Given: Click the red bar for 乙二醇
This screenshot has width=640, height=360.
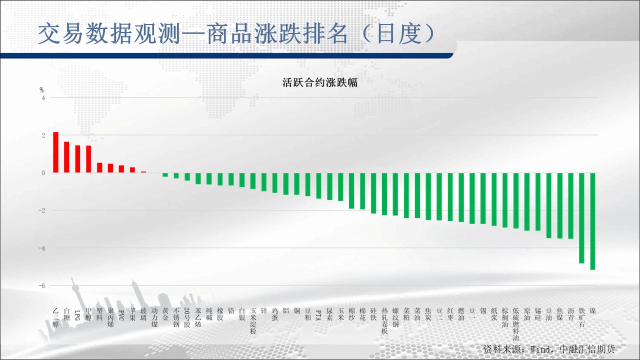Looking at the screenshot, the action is pos(55,152).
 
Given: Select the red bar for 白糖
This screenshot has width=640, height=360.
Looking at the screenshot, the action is pos(66,157).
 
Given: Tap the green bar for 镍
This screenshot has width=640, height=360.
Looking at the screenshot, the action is pos(592,221).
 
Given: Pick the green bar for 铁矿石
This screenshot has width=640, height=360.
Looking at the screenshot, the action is pos(581,218).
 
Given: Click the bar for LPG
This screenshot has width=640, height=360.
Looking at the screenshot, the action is pos(77,159).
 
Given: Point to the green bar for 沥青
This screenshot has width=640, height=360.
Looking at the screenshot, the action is pos(570,205).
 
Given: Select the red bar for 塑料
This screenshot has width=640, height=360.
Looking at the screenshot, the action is pos(99,167).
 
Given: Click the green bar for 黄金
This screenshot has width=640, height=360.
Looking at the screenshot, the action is pos(165,175).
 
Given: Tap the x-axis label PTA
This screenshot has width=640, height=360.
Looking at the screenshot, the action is pos(318,315).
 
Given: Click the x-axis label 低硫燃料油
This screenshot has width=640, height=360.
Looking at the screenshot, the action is pos(515,324).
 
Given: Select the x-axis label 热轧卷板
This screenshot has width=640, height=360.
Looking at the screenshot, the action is pos(384,321).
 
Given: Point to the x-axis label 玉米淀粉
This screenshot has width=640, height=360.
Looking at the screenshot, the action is pos(253,321).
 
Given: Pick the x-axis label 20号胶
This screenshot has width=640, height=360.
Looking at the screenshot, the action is pos(187,317).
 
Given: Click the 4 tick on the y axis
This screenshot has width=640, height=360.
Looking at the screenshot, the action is pos(43,98).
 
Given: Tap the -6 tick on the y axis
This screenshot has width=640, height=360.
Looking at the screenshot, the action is pos(42,285).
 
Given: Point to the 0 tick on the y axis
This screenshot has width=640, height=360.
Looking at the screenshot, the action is pos(43,173).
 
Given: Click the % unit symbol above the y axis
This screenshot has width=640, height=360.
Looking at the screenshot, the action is pos(41,90).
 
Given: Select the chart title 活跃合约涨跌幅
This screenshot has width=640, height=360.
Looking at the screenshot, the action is pos(320,82).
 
